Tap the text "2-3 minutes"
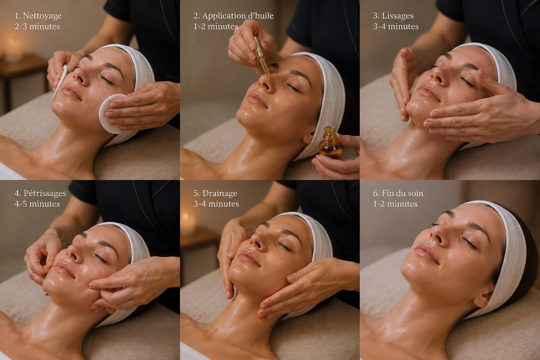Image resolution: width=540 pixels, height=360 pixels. pyautogui.click(x=37, y=26)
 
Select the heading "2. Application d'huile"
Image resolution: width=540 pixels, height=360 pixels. pyautogui.click(x=234, y=16)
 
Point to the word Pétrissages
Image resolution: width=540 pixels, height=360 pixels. pyautogui.click(x=45, y=193)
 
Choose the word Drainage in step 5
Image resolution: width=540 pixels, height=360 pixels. pyautogui.click(x=220, y=193)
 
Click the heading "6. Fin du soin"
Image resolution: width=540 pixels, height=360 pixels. pyautogui.click(x=398, y=193)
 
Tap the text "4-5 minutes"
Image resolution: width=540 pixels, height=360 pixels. pyautogui.click(x=37, y=204)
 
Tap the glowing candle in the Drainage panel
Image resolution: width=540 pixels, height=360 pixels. pyautogui.click(x=188, y=222)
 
